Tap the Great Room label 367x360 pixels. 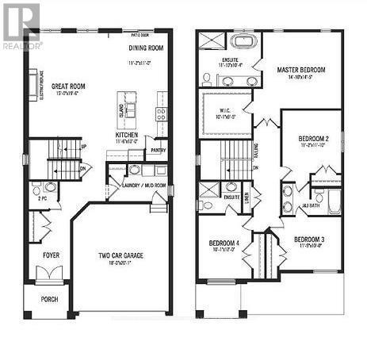click(70, 86)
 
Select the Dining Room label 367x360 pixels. click(146, 47)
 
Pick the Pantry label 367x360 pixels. click(158, 149)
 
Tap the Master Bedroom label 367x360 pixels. click(300, 70)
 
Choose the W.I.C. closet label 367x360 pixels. click(227, 113)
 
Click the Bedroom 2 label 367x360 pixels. click(314, 139)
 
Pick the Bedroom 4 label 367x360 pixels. click(224, 243)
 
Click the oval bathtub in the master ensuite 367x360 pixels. click(240, 41)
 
